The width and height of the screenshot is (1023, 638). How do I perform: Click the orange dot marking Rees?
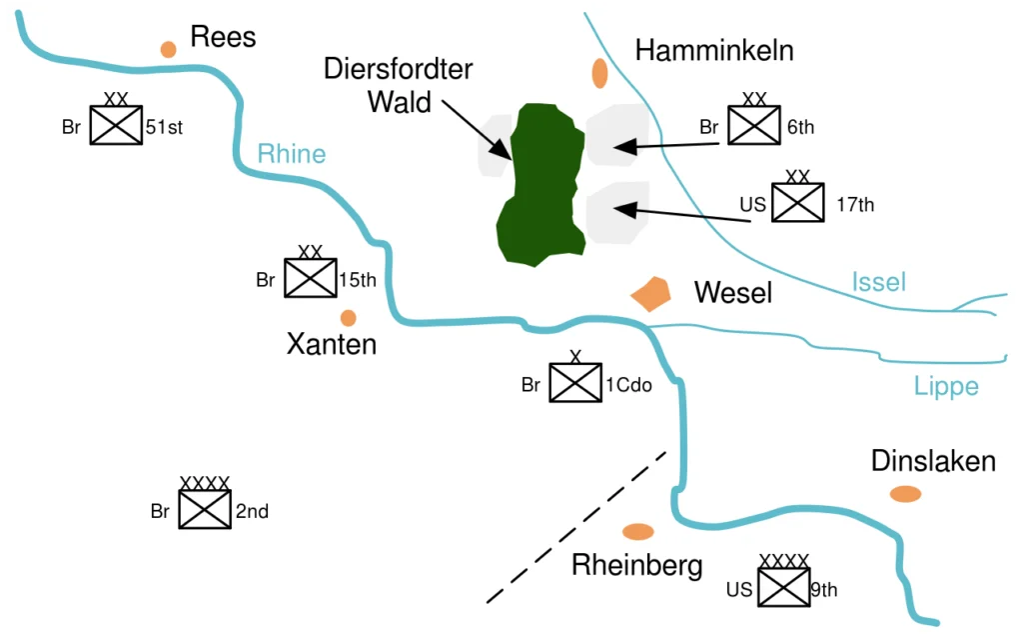click(x=168, y=49)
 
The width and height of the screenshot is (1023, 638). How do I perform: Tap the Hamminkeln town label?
click(x=714, y=50)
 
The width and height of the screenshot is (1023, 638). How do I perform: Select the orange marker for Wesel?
click(x=650, y=294)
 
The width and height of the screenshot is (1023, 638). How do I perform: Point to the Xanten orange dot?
click(x=349, y=318)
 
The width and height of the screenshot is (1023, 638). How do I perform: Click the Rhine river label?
click(x=292, y=153)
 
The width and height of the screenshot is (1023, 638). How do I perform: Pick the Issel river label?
click(x=879, y=282)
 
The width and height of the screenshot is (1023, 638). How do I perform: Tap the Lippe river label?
click(x=946, y=386)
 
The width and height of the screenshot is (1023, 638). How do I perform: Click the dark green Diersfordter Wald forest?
click(x=540, y=184)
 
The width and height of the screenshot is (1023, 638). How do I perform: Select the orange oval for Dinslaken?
click(x=905, y=494)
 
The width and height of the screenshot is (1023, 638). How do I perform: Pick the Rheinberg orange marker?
click(x=638, y=532)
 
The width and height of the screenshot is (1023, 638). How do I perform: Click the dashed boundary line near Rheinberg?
click(x=576, y=527)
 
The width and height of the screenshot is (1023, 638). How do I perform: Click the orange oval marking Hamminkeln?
click(x=599, y=73)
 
